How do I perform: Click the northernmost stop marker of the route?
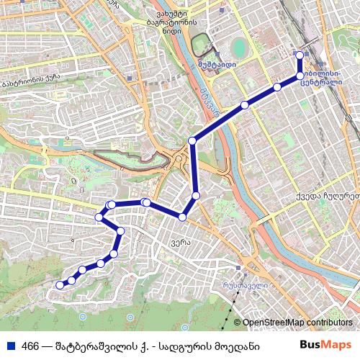300,55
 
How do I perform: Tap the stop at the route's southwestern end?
60,285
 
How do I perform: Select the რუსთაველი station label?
240,285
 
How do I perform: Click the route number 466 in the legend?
30,346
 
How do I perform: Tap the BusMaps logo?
325,345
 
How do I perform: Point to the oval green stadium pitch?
238,49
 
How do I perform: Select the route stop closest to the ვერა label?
183,217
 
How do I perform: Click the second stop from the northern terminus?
300,76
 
